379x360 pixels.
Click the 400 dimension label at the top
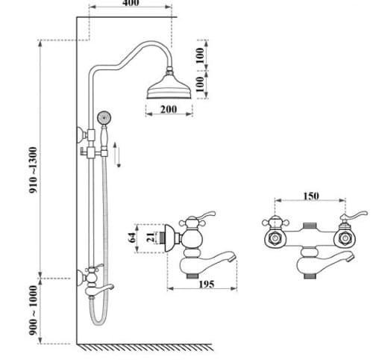131,3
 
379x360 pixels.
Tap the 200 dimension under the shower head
169,109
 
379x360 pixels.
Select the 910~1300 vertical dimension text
33,170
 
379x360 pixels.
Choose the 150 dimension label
310,196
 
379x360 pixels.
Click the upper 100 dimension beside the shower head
200,56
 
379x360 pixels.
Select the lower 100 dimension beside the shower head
200,84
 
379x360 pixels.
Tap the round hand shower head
104,117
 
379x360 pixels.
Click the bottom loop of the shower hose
96,319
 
